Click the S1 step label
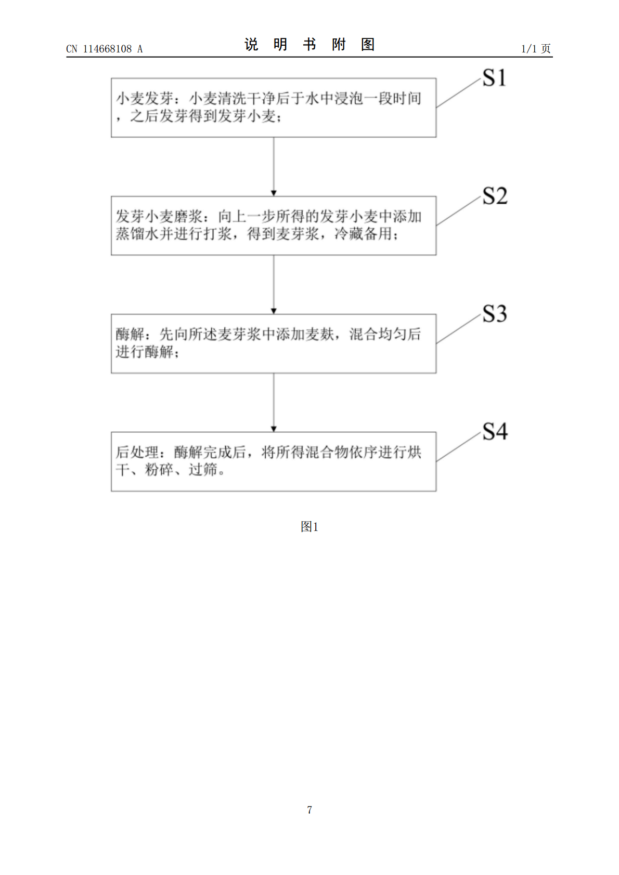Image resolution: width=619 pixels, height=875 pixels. pos(494,77)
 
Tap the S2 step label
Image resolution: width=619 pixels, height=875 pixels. pos(495,196)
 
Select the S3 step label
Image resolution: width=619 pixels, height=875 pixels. pos(495,314)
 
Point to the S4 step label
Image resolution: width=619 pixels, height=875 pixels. pos(495,432)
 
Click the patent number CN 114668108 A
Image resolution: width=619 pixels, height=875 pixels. pos(105,49)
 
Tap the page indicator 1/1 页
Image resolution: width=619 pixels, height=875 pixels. pos(536,48)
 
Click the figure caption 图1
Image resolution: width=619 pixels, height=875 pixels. pos(309,526)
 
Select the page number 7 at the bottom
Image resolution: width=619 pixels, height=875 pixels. pos(309,810)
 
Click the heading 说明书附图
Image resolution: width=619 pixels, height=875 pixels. pos(309,45)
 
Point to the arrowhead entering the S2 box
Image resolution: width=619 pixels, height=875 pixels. pos(274,193)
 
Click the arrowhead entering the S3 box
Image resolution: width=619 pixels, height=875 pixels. pos(274,311)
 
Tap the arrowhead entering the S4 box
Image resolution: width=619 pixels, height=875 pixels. pos(274,429)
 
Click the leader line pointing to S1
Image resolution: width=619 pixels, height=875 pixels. pos(458,92)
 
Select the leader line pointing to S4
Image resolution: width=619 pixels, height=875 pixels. pos(458,446)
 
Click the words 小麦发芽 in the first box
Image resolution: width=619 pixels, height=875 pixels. pos(145,98)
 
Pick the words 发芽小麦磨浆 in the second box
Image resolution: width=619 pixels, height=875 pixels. pos(159,216)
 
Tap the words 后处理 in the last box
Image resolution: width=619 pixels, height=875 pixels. pos(137,453)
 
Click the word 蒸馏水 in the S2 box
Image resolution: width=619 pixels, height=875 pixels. pos(137,234)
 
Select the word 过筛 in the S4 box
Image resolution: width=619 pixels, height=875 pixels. pos(203,470)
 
